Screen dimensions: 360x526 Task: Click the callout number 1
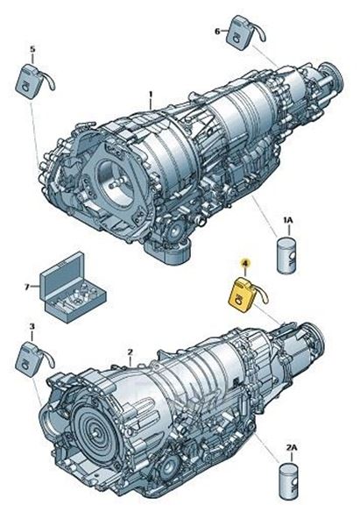point(151,95)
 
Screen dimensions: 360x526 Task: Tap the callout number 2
point(131,352)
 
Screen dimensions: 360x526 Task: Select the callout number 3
point(32,326)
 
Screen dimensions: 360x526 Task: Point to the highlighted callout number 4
point(245,264)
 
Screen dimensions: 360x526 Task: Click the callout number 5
point(32,49)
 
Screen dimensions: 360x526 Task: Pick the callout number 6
point(217,32)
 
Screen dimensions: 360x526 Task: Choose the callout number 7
point(27,287)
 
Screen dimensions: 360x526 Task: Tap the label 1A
point(288,220)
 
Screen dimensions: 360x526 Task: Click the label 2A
point(292,447)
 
